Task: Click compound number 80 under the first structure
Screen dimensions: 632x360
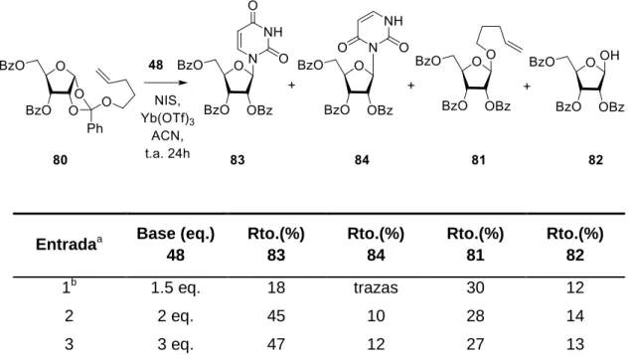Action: [x=60, y=160]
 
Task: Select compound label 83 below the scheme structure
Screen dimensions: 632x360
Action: [x=237, y=160]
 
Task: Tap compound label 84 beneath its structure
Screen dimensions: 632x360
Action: [x=362, y=160]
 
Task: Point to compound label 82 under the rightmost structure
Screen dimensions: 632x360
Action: [x=595, y=160]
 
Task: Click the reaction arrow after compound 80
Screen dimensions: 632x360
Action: [x=166, y=84]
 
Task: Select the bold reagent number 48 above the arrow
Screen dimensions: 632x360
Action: [x=156, y=65]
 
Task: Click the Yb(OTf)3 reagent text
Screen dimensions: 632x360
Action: [x=167, y=118]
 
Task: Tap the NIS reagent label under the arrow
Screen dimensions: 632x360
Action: [x=167, y=100]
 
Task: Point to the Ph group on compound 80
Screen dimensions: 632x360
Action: [x=95, y=128]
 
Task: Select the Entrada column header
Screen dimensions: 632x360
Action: [x=69, y=245]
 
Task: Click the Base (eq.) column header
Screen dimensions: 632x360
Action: [x=176, y=234]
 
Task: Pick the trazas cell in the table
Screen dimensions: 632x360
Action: [x=376, y=287]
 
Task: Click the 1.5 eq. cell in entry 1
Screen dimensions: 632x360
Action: [x=176, y=287]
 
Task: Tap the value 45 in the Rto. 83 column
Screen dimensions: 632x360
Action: [x=275, y=315]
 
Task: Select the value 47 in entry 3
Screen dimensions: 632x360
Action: [x=275, y=344]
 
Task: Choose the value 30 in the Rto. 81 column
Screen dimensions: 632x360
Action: [x=475, y=287]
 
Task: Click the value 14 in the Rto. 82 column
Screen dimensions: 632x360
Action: [x=574, y=315]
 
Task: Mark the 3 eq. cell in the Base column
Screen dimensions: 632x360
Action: [x=176, y=344]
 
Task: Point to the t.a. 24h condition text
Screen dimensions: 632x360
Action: [x=167, y=154]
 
